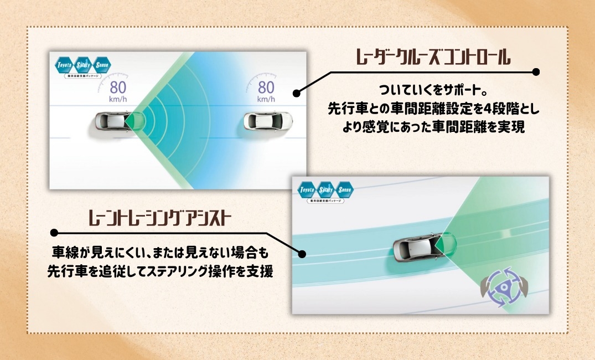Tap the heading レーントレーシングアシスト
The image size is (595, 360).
(161, 218)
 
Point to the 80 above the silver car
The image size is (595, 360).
(118, 88)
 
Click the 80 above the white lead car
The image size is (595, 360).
(266, 88)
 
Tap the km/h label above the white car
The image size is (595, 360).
(266, 100)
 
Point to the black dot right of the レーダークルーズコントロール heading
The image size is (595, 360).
(535, 72)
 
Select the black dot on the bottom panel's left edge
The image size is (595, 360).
(302, 254)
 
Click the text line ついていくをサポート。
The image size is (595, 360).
(432, 90)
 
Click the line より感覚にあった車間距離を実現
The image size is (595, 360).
(432, 127)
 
